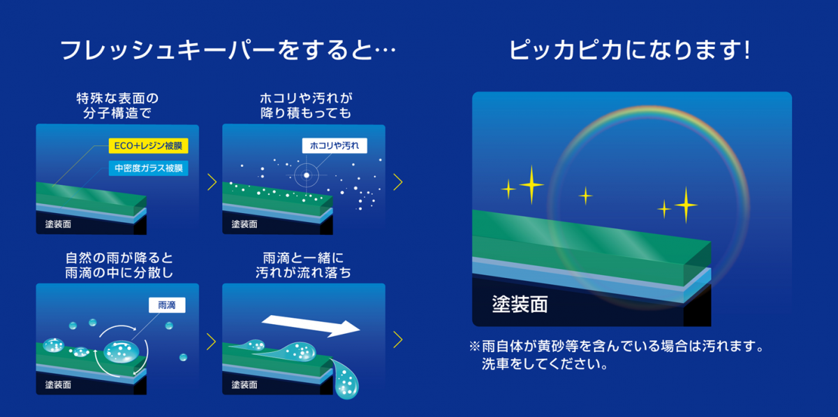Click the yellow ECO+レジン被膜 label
point(149,145)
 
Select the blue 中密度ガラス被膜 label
point(149,168)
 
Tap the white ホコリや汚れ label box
point(335,145)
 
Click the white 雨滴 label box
point(167,305)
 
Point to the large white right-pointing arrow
point(311,325)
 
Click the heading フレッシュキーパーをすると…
point(228,50)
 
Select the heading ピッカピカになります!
point(629,50)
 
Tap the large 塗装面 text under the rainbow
point(520,305)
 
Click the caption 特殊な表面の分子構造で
point(117,105)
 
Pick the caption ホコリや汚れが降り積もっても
point(306,105)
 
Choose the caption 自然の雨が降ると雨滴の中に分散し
point(119,265)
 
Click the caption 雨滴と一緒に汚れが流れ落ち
point(303,265)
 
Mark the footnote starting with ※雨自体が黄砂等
point(617,355)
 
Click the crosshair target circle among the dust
point(307,175)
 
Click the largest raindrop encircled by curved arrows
point(122,351)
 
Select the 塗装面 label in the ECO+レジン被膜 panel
point(58,224)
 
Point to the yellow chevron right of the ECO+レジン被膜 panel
point(212,182)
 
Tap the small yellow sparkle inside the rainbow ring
point(585,196)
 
